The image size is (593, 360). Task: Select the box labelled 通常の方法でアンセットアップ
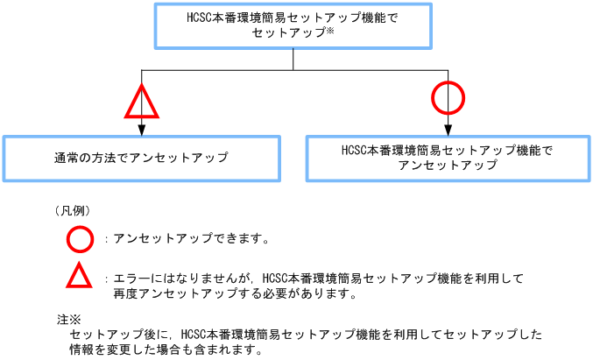tap(140, 158)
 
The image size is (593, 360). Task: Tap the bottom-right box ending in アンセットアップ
tap(447, 158)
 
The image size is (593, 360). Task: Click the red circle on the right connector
tap(448, 97)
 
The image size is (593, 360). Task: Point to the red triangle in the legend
tap(79, 278)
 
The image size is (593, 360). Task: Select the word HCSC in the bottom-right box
tap(354, 150)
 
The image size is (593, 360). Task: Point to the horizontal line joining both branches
tap(294, 67)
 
